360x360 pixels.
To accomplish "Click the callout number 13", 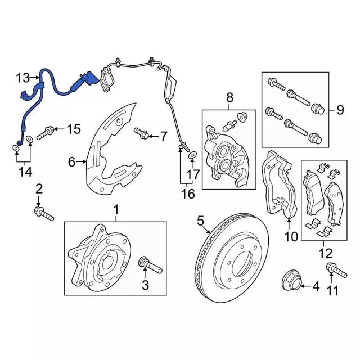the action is pos(22,78).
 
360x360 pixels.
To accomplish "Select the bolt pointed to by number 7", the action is pos(141,133).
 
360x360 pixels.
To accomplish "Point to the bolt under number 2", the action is pos(44,214).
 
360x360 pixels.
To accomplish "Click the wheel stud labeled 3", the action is pos(151,265).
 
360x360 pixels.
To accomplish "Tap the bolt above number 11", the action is pos(336,271).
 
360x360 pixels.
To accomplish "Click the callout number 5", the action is pos(200,221).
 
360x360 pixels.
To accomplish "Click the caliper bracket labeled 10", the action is pos(278,184).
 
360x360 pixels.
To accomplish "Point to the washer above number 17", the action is pos(192,155).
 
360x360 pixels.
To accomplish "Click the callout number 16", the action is pos(188,193).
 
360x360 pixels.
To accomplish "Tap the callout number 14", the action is pos(25,172).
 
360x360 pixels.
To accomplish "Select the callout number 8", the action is pos(229,97).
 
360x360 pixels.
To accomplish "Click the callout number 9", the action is pos(340,110).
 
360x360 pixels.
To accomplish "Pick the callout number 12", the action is pos(326,254).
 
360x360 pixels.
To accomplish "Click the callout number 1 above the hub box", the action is pos(116,210).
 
